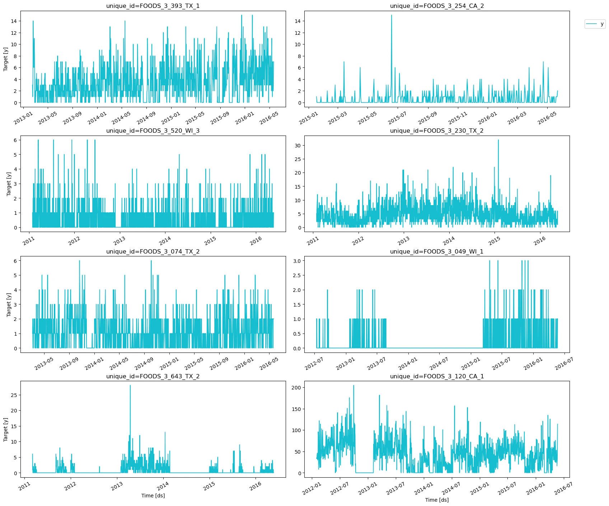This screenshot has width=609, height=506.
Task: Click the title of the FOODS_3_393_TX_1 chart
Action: point(153,6)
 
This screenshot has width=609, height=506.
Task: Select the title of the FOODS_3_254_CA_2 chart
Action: point(437,6)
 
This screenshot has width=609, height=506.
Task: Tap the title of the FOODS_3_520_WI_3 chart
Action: point(153,131)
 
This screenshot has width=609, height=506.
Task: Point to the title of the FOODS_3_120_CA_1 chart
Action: point(437,376)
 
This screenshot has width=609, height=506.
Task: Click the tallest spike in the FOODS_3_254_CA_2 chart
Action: point(391,15)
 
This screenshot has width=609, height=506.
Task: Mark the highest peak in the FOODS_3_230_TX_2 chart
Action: point(498,140)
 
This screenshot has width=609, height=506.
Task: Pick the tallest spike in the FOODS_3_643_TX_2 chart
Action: point(130,386)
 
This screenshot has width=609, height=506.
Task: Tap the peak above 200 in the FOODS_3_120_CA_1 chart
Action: point(353,386)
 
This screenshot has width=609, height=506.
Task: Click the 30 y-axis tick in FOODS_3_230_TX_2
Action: point(298,146)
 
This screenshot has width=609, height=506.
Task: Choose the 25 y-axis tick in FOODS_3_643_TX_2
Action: point(14,395)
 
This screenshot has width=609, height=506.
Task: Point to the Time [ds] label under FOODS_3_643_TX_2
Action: point(153,496)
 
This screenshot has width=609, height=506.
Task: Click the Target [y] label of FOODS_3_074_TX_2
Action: point(9,304)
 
